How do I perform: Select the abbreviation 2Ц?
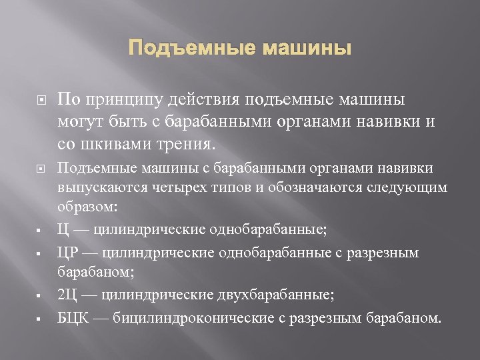point(67,295)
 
